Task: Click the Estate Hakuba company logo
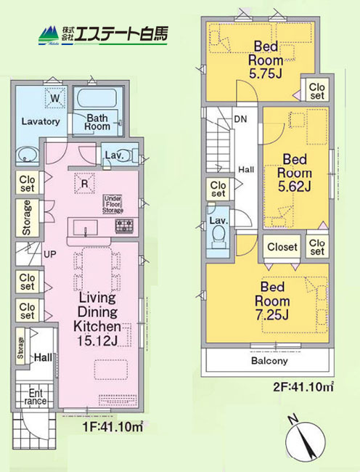click(x=103, y=36)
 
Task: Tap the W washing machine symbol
click(x=55, y=97)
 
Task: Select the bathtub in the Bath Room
click(x=97, y=97)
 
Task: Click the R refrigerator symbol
click(x=84, y=183)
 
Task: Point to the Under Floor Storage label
click(x=112, y=204)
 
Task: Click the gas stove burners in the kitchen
click(x=125, y=226)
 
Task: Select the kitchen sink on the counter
click(x=86, y=227)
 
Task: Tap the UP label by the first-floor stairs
click(x=50, y=254)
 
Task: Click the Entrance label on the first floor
click(x=36, y=397)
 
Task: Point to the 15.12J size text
click(x=97, y=341)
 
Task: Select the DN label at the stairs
click(x=240, y=119)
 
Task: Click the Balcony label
click(x=269, y=360)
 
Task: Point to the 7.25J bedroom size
click(x=272, y=315)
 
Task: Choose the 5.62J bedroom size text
click(x=294, y=187)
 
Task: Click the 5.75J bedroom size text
click(x=266, y=73)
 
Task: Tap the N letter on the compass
click(x=292, y=419)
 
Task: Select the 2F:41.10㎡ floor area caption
click(x=303, y=386)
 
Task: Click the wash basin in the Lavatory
click(x=27, y=155)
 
